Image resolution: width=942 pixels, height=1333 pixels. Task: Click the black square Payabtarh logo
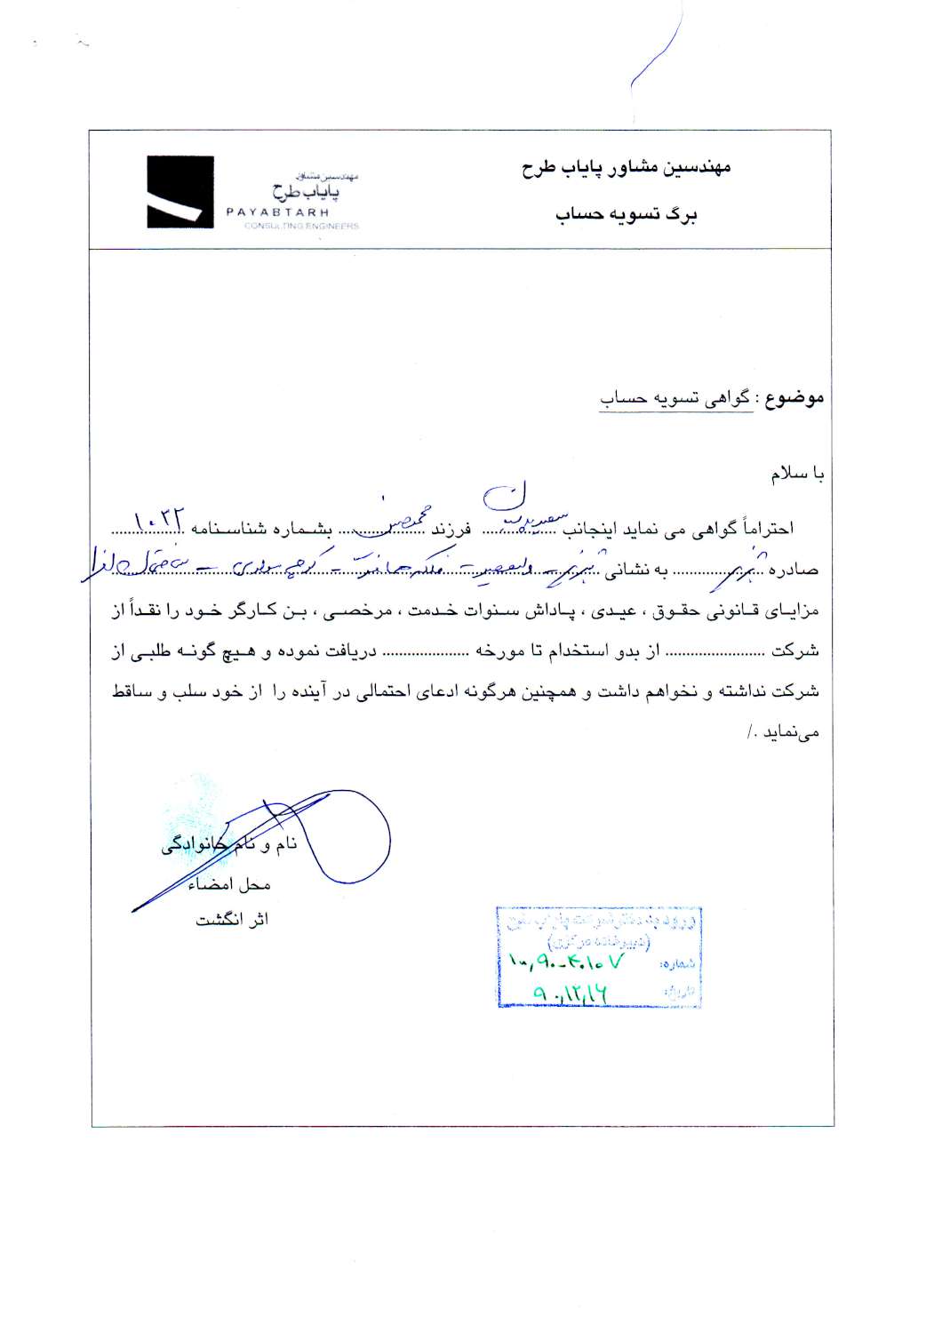[x=180, y=193]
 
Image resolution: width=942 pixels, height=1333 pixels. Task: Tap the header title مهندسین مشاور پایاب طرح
[x=627, y=167]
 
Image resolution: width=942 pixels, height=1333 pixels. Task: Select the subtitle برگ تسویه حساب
[x=627, y=216]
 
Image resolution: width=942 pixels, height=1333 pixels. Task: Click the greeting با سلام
[x=798, y=475]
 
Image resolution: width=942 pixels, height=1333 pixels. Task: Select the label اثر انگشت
[x=232, y=920]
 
